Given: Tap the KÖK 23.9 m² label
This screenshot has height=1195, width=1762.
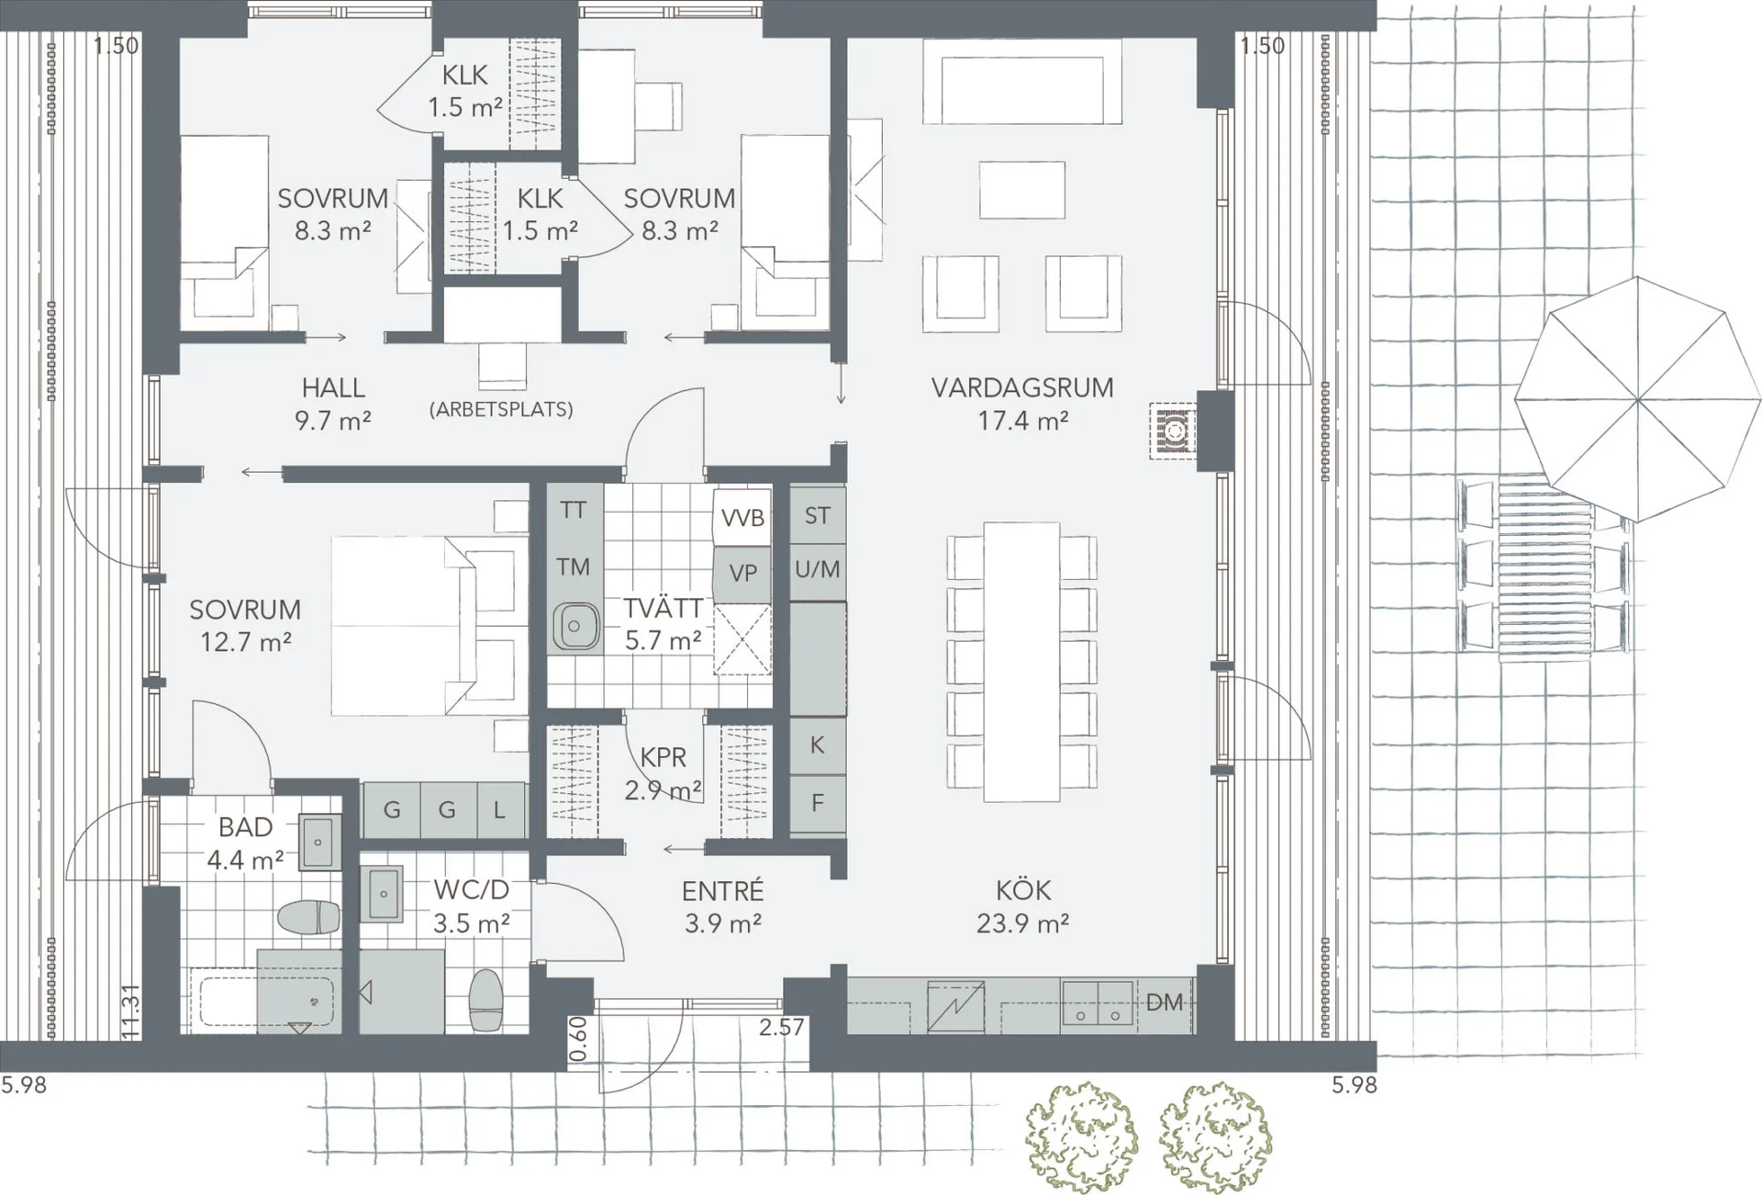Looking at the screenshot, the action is (1022, 906).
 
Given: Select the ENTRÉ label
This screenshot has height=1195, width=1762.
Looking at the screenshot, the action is (723, 891).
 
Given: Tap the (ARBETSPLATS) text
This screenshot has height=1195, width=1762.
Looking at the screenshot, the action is (501, 409).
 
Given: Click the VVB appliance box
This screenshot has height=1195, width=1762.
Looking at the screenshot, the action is (742, 518).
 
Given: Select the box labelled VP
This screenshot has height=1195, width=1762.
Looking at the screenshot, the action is (742, 574).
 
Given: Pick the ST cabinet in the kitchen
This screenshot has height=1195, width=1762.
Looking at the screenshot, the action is (817, 516).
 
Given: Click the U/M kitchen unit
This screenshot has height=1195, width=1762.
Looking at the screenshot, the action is (817, 570).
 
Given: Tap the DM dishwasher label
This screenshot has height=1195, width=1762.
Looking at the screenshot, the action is (1165, 1002).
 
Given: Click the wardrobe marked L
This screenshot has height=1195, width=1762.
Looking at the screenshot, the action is (499, 810).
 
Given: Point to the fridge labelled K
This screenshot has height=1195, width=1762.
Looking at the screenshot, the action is (817, 745).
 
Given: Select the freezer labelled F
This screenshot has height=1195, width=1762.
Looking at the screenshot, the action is (817, 804).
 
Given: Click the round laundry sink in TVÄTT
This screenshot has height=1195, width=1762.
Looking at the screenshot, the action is (574, 627).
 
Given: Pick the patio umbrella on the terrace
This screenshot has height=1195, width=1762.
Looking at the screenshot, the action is (1637, 399).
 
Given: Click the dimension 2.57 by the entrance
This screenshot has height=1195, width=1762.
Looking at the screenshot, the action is (781, 1027).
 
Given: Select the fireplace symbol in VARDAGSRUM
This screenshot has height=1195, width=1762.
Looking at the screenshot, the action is (1174, 430).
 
